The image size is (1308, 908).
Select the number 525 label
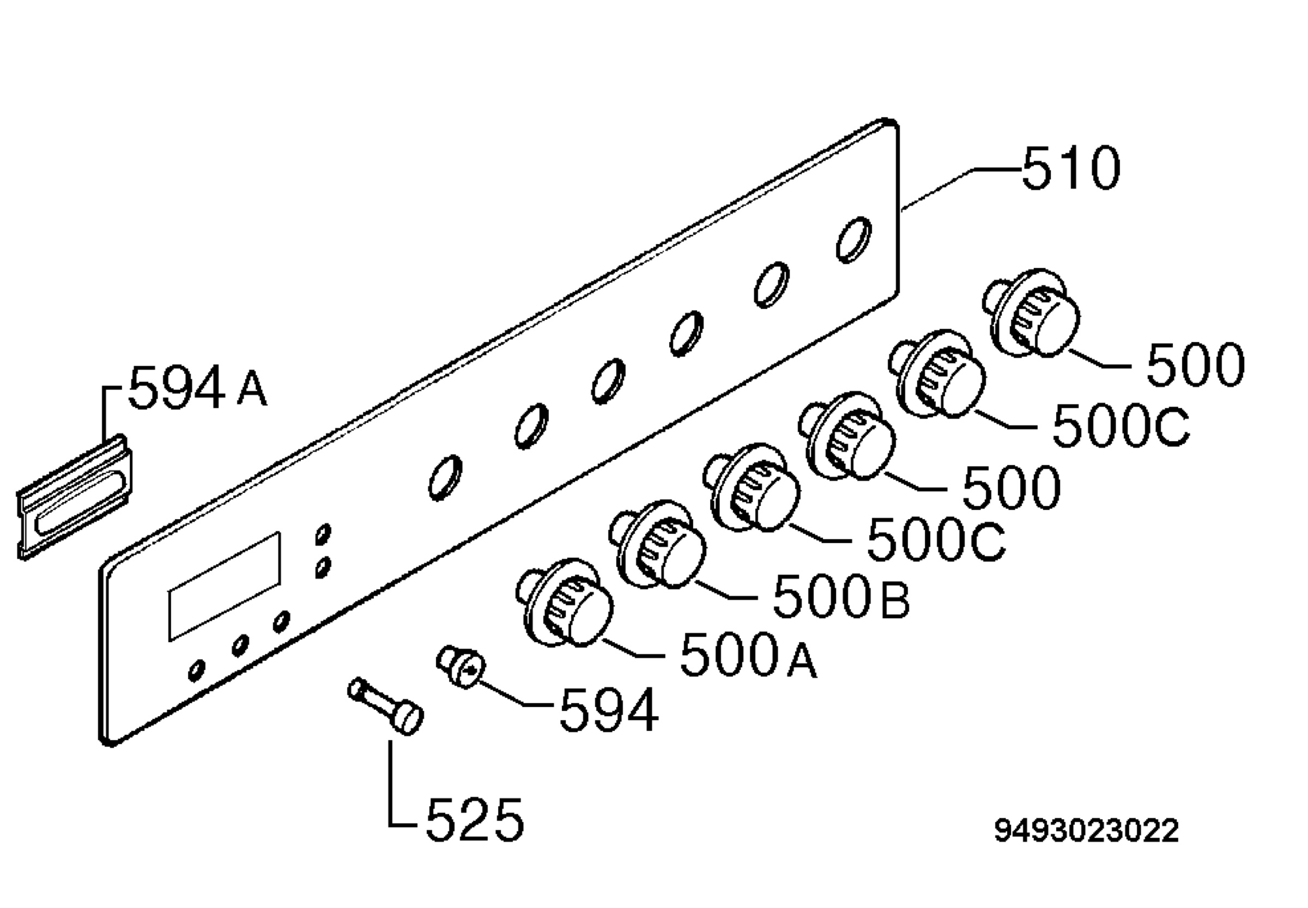pos(474,819)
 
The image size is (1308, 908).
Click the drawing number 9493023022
pos(1086,831)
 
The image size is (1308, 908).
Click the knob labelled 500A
pos(565,604)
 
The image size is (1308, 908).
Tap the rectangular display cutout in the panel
pos(224,587)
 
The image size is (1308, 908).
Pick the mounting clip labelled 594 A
pos(74,497)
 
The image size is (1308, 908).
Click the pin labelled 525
pos(385,706)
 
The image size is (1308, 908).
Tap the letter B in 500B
pos(895,601)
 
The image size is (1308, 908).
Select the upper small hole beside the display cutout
pos(323,534)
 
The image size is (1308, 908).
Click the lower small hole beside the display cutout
pos(323,568)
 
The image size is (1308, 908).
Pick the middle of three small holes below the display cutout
pos(240,645)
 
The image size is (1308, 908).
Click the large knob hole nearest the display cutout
pos(445,477)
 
